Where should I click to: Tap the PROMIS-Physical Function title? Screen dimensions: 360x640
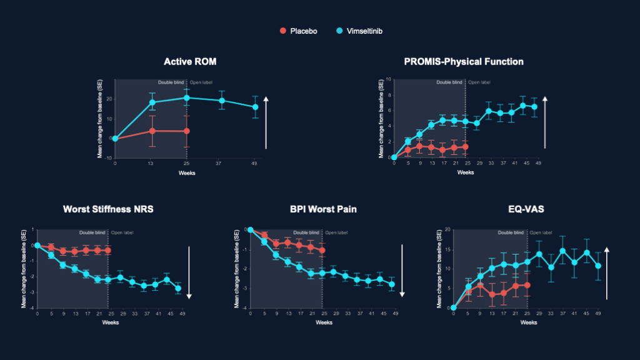click(464, 61)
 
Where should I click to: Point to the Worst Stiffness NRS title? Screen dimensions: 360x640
click(108, 209)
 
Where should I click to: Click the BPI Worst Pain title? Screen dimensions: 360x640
click(323, 209)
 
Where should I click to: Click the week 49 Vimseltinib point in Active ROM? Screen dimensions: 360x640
click(256, 107)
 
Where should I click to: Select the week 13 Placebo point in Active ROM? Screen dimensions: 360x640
click(152, 131)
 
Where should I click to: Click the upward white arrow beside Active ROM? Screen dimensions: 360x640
click(266, 122)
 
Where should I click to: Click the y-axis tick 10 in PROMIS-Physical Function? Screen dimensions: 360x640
click(389, 79)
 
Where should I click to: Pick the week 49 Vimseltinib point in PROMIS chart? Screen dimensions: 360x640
click(534, 107)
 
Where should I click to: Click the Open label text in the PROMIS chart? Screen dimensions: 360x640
click(479, 82)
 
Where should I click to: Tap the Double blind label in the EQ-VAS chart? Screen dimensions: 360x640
click(511, 232)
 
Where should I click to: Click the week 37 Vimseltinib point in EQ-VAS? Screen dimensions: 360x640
click(562, 251)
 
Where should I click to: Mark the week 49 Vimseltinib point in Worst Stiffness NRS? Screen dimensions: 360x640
click(178, 289)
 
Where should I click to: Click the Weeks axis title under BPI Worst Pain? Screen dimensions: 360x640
click(323, 322)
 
